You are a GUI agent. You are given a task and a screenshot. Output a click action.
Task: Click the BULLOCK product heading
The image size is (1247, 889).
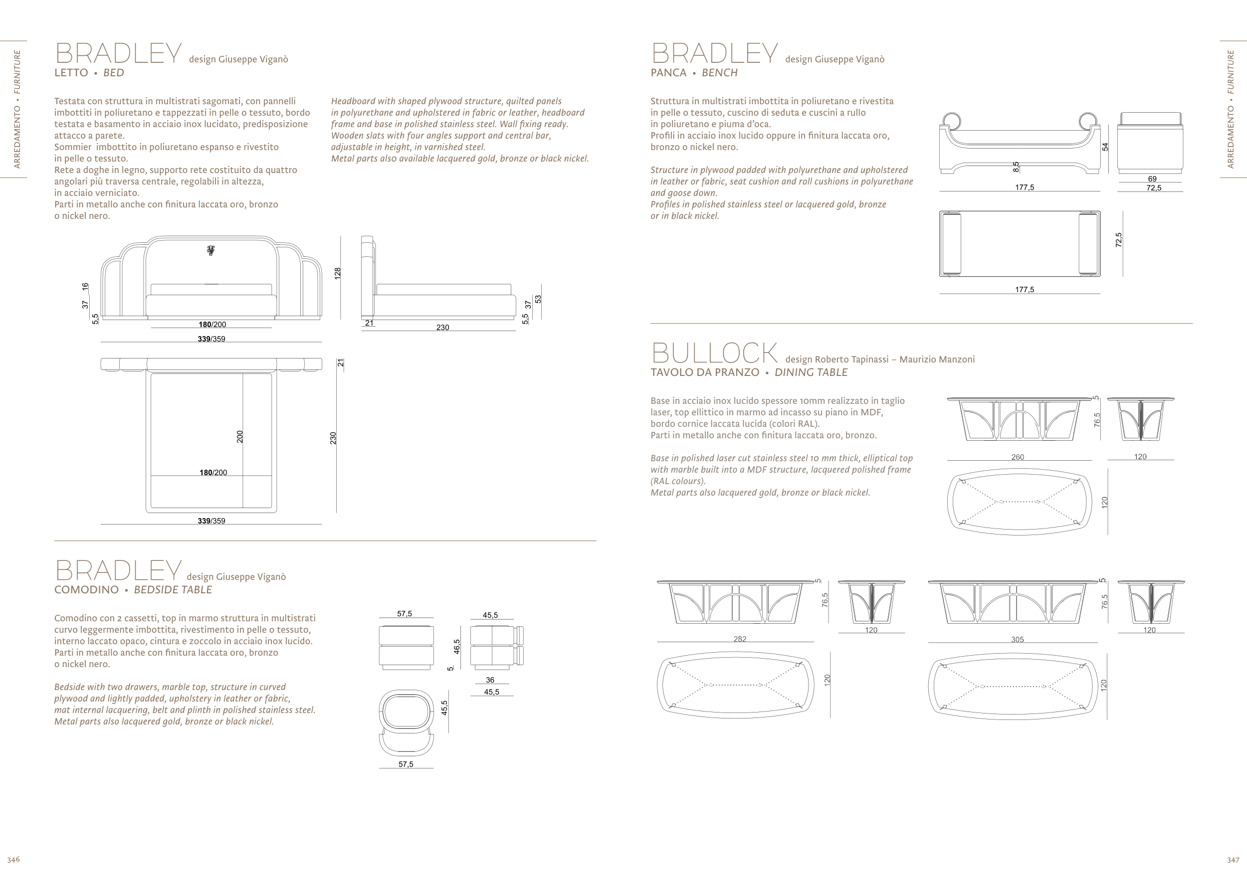pyautogui.click(x=714, y=353)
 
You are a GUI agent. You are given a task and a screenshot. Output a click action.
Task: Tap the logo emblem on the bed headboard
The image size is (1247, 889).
pyautogui.click(x=211, y=251)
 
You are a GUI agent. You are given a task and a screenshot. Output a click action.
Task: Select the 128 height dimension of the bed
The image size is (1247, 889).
pyautogui.click(x=338, y=273)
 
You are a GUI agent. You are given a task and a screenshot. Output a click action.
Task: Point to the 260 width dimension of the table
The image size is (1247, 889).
pyautogui.click(x=1018, y=457)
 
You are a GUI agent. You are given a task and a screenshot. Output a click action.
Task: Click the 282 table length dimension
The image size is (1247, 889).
pyautogui.click(x=740, y=639)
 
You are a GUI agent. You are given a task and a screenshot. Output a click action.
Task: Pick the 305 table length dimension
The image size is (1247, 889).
pyautogui.click(x=1017, y=639)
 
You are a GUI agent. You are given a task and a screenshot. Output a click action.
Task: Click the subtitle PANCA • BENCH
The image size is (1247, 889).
pyautogui.click(x=694, y=73)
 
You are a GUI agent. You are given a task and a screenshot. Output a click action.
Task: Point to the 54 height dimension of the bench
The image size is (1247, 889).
pyautogui.click(x=1105, y=147)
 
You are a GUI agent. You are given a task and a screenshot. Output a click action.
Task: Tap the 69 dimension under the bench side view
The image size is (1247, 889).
pyautogui.click(x=1152, y=179)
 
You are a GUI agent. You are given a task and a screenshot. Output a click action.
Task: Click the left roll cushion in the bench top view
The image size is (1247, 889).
pyautogui.click(x=951, y=244)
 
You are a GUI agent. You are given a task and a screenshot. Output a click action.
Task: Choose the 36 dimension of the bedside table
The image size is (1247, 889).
pyautogui.click(x=490, y=680)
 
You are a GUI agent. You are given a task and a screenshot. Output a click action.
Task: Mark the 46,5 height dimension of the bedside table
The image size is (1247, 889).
pyautogui.click(x=457, y=647)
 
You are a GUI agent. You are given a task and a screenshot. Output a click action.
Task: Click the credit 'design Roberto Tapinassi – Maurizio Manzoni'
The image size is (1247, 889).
pyautogui.click(x=879, y=359)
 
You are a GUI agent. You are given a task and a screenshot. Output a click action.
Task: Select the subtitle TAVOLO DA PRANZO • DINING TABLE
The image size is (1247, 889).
pyautogui.click(x=749, y=373)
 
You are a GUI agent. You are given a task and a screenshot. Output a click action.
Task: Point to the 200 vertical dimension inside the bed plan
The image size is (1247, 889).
pyautogui.click(x=240, y=437)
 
